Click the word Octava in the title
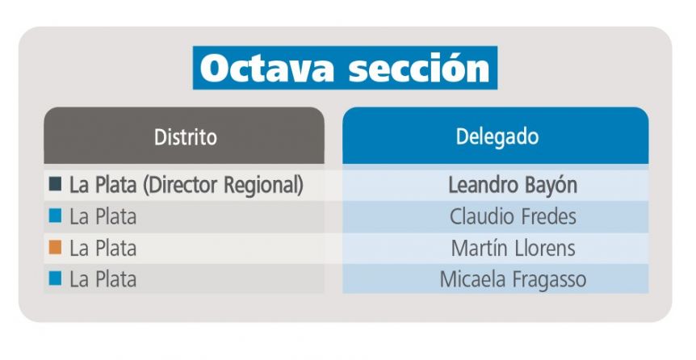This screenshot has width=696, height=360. (267, 69)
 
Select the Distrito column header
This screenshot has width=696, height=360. (186, 137)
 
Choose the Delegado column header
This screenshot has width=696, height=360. (497, 136)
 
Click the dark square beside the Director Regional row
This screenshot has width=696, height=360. (55, 184)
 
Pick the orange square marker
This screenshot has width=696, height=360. (55, 247)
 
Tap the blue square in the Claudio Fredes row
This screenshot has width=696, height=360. (55, 216)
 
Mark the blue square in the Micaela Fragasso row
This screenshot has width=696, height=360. (55, 278)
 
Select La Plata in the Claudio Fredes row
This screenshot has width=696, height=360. (103, 217)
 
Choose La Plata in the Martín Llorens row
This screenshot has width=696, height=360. (103, 248)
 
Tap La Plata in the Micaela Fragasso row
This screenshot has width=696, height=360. (103, 279)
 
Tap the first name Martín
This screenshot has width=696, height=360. (480, 248)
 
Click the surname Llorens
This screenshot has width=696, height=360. (545, 248)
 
